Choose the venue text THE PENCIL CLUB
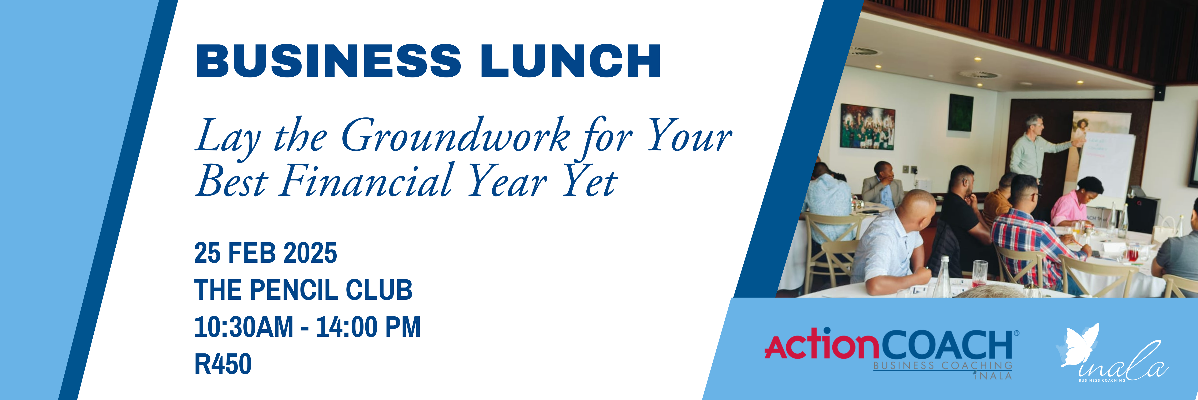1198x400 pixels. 303,290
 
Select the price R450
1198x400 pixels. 223,364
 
